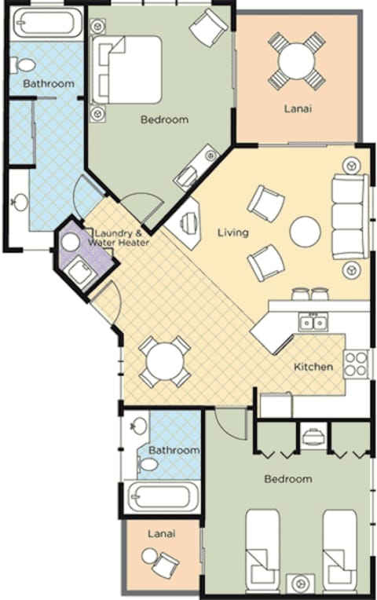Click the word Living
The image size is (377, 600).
[x=233, y=232]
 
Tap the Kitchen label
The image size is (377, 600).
[x=313, y=367]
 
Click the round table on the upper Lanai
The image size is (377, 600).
[x=295, y=60]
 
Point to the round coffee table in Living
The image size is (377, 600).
[x=305, y=232]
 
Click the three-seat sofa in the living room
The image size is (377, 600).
[x=348, y=217]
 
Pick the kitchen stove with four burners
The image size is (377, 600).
[x=356, y=364]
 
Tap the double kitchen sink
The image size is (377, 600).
[x=313, y=322]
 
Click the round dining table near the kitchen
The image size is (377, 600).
[x=166, y=361]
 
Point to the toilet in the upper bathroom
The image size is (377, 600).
[x=24, y=65]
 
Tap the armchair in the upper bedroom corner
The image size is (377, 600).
[x=208, y=28]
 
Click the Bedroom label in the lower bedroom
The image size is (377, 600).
[x=287, y=478]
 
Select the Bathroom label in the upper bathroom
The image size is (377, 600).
[x=49, y=83]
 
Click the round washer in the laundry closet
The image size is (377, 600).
[x=71, y=243]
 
